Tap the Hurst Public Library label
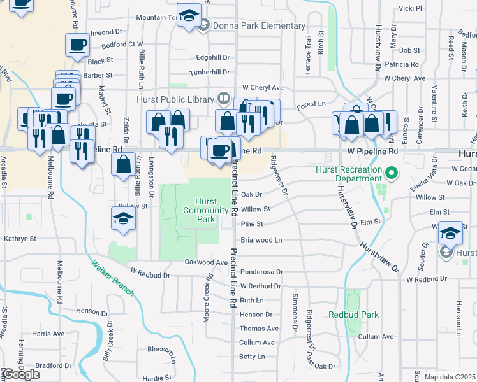(x=175, y=99)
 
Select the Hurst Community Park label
(x=206, y=210)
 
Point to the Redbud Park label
(x=354, y=315)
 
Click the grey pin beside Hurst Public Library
(x=223, y=99)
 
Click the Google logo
(x=21, y=374)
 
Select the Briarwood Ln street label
(x=261, y=241)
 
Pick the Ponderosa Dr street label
(x=261, y=272)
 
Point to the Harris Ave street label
(x=48, y=334)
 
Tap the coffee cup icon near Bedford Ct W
(x=77, y=45)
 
